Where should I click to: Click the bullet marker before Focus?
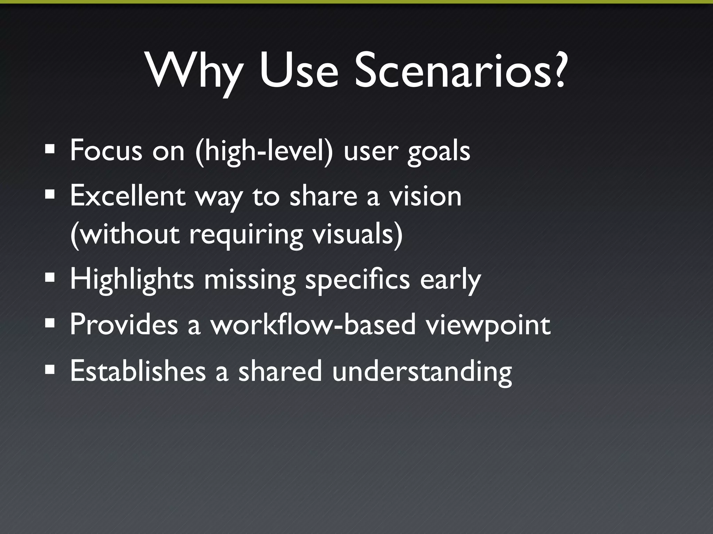tap(50, 149)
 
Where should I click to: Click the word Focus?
tap(106, 150)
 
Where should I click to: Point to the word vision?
tap(425, 196)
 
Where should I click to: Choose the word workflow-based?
tap(313, 325)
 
